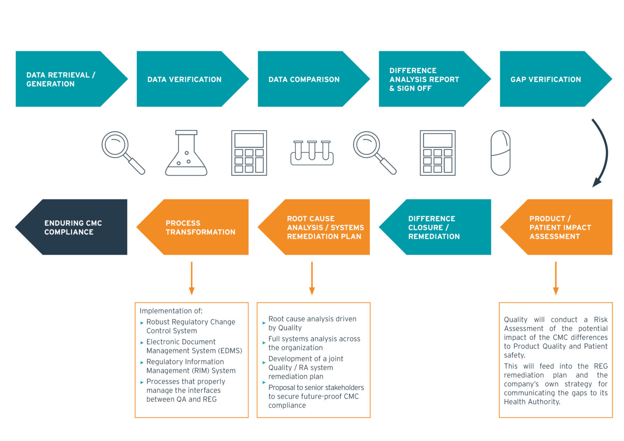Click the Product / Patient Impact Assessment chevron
coord(561,227)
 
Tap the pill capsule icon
coord(500,153)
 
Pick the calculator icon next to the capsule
coord(438,153)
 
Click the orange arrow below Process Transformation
coord(191,278)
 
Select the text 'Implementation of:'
coord(171,311)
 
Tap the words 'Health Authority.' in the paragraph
coord(532,402)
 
